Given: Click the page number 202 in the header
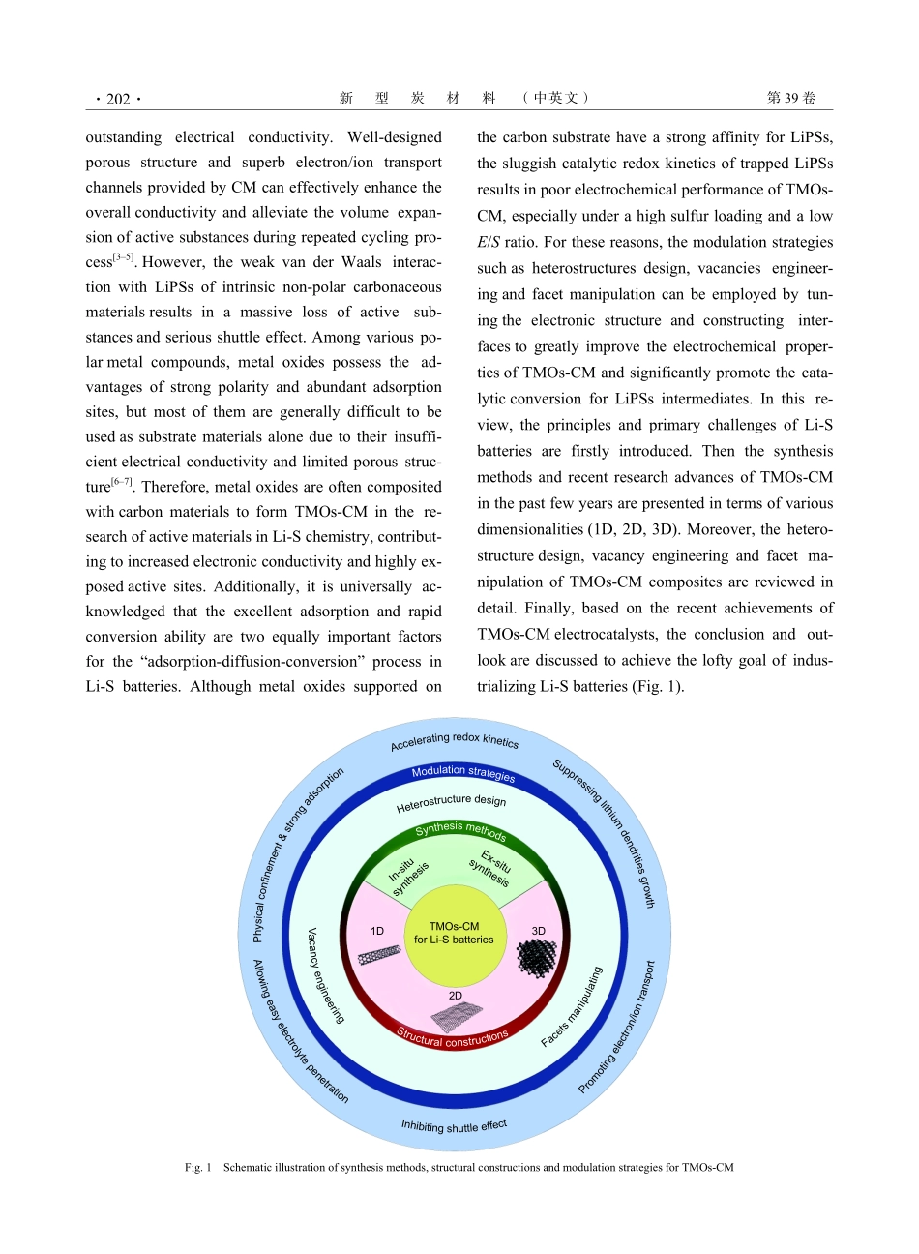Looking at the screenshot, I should (x=118, y=99).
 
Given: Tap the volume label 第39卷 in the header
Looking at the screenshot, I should (x=790, y=98).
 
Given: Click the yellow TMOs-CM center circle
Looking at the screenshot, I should (x=454, y=934).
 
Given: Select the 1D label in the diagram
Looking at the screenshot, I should (x=377, y=931).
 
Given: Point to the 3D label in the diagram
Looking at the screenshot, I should (x=538, y=931).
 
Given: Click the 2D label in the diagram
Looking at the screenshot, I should (x=456, y=995).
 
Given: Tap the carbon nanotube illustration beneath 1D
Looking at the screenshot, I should (x=379, y=955).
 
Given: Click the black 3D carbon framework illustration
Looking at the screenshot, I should (x=537, y=958).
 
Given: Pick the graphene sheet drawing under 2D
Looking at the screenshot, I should (x=457, y=1015).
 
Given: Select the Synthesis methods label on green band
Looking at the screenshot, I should (x=460, y=831).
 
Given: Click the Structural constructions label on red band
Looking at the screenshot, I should (x=453, y=1038).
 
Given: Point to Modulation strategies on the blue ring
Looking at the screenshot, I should (x=463, y=772).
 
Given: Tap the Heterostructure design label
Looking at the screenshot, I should (x=451, y=803).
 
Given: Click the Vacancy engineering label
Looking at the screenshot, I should (x=325, y=975).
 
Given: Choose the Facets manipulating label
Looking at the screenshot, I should (x=572, y=1006).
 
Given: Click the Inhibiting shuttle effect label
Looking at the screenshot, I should (x=454, y=1126).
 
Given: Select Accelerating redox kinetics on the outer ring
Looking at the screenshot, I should (x=455, y=741).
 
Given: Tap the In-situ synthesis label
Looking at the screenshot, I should (x=409, y=875).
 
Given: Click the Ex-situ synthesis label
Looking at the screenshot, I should (x=491, y=868).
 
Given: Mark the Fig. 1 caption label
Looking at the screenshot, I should (x=197, y=1168).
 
